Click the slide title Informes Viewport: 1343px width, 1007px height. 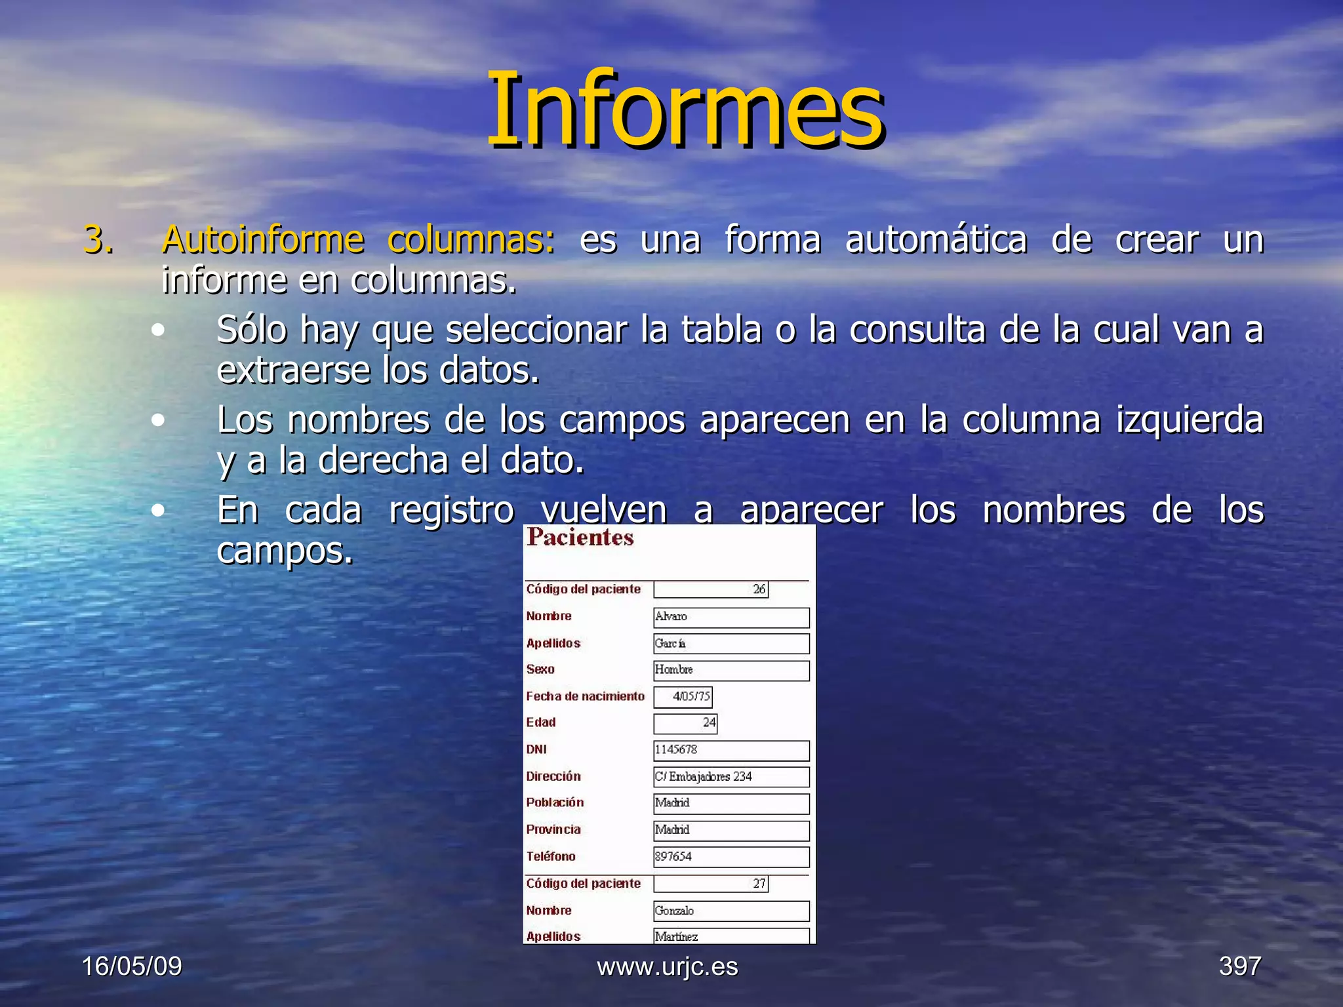(685, 110)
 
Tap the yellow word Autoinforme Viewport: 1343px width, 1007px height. (262, 240)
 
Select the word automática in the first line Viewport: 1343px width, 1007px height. (936, 240)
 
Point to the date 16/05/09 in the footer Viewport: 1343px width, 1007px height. (132, 966)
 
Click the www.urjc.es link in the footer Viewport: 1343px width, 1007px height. (668, 966)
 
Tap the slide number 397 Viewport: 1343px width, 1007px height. (1240, 966)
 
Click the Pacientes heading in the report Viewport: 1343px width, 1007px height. (580, 538)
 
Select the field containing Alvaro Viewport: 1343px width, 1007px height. (731, 617)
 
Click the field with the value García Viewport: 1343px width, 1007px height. (731, 644)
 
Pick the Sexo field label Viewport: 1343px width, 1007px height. (540, 669)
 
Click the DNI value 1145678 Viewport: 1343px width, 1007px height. (731, 750)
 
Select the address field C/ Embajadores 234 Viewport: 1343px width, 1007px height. (731, 777)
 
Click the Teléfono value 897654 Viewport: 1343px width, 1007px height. (731, 857)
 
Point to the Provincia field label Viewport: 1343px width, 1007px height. (553, 829)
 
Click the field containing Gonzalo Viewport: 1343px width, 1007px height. (731, 911)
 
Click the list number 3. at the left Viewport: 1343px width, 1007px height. (98, 240)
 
